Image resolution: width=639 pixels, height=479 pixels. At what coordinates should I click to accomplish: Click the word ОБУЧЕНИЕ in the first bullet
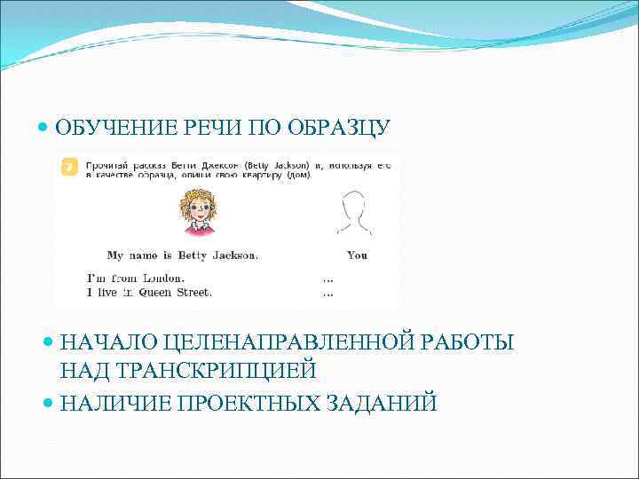click(x=108, y=128)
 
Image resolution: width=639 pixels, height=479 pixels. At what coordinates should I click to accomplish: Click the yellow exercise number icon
click(x=69, y=167)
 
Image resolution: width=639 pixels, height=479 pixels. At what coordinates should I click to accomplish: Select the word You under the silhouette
click(x=357, y=255)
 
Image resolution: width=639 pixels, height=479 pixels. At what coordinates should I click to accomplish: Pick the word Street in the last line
click(x=193, y=291)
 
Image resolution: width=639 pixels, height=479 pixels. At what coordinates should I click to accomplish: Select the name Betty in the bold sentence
click(x=192, y=255)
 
